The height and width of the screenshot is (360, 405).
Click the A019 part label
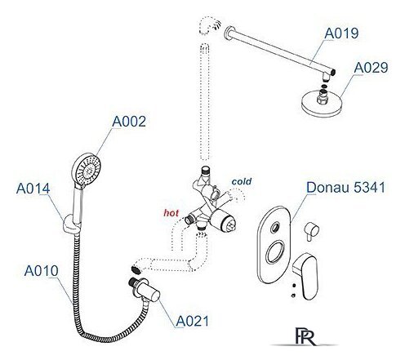(x=341, y=33)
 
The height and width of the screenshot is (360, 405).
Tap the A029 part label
(x=371, y=68)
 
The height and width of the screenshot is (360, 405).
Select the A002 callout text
(x=129, y=122)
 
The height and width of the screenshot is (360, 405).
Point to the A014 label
(x=33, y=189)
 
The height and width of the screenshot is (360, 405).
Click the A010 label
(x=41, y=270)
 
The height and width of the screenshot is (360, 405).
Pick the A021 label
(x=192, y=321)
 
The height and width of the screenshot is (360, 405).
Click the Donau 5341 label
(x=346, y=187)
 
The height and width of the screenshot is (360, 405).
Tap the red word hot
(x=171, y=213)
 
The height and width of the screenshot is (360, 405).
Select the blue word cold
(x=242, y=181)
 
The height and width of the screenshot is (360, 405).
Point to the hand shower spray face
(x=87, y=170)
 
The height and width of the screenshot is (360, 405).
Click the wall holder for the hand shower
(x=72, y=224)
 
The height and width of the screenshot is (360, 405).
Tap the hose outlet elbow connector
(x=145, y=290)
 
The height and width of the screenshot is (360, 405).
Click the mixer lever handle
(x=306, y=275)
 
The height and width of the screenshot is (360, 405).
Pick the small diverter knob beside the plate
(x=311, y=231)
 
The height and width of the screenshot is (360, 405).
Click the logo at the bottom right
(x=305, y=336)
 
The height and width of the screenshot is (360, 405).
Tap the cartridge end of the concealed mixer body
(x=226, y=222)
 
